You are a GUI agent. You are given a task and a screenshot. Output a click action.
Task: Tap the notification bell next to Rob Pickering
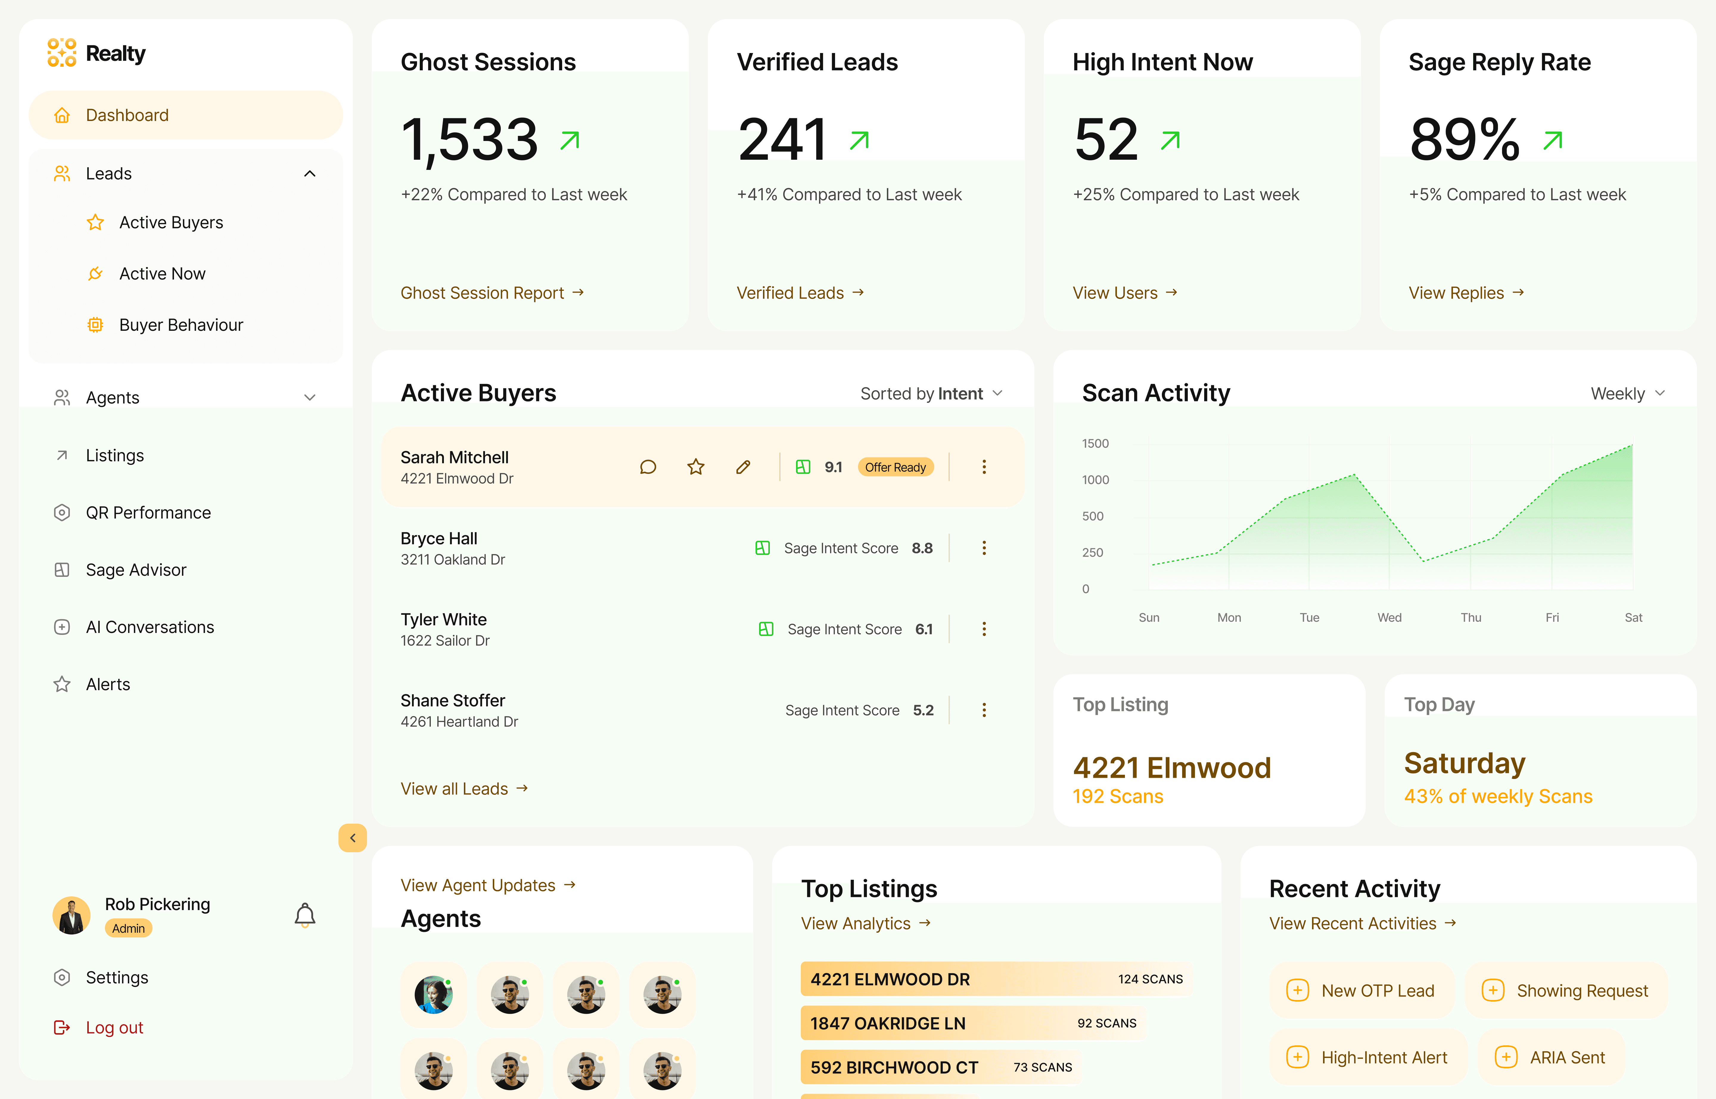point(305,914)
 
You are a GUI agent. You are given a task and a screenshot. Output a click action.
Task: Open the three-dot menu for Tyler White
point(984,629)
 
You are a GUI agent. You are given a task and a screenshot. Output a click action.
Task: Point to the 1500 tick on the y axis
point(1095,443)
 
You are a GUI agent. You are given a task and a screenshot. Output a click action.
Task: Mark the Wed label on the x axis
point(1389,617)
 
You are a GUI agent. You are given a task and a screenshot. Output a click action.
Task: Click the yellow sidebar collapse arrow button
point(352,838)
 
